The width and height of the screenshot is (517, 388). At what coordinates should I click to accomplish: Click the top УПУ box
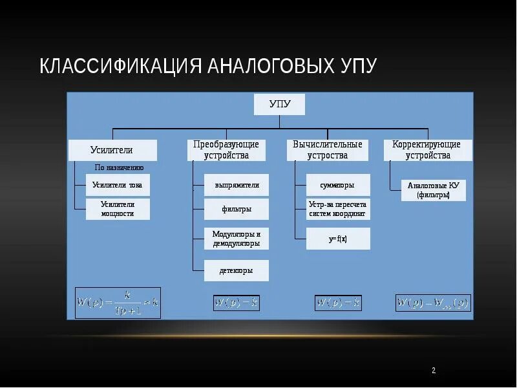[x=279, y=104]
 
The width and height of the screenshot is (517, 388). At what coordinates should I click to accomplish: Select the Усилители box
[x=113, y=150]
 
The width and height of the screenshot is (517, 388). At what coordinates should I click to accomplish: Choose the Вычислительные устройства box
[x=327, y=150]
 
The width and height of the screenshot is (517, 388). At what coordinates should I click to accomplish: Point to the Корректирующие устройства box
[x=428, y=150]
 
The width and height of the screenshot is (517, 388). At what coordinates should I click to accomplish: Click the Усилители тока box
[x=118, y=185]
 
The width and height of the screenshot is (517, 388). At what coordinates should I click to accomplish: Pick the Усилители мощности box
[x=118, y=209]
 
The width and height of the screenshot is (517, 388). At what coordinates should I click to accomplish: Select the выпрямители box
[x=237, y=185]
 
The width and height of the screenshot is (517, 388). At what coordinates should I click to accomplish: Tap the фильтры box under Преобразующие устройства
[x=237, y=210]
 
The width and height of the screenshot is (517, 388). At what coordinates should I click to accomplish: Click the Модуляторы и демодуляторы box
[x=237, y=239]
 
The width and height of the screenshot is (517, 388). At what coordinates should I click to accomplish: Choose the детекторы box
[x=237, y=270]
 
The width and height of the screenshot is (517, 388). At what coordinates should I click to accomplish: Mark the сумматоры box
[x=338, y=185]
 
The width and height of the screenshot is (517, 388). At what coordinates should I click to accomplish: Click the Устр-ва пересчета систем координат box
[x=338, y=209]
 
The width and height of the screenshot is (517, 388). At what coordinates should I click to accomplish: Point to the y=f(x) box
[x=338, y=239]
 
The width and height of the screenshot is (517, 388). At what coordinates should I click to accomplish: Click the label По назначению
[x=119, y=167]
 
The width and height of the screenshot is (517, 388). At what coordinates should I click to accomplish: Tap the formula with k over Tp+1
[x=118, y=303]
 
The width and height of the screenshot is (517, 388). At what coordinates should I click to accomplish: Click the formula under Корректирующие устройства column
[x=433, y=303]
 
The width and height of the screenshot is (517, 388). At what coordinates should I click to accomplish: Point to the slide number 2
[x=434, y=371]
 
